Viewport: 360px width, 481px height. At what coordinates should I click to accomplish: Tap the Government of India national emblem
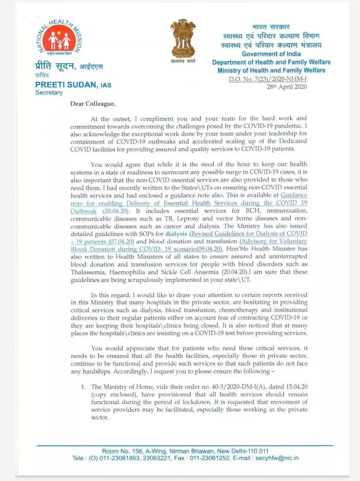pyautogui.click(x=183, y=38)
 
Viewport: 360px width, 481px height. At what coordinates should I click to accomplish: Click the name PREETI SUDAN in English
pyautogui.click(x=66, y=85)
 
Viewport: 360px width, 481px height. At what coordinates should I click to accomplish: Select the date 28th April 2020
pyautogui.click(x=287, y=87)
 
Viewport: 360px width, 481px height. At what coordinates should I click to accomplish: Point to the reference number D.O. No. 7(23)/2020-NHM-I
pyautogui.click(x=268, y=79)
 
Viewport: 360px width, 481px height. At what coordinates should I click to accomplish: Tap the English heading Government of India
pyautogui.click(x=271, y=54)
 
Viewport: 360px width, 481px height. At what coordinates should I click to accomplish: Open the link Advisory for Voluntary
pyautogui.click(x=274, y=241)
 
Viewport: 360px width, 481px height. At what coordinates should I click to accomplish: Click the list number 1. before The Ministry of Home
pyautogui.click(x=83, y=387)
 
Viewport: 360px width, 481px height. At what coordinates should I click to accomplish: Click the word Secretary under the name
pyautogui.click(x=49, y=92)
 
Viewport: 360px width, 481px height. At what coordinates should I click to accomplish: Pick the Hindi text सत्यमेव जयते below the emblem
pyautogui.click(x=183, y=61)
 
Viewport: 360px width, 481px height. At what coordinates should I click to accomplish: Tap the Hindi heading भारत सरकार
pyautogui.click(x=271, y=27)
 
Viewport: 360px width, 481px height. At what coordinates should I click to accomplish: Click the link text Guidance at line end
pyautogui.click(x=294, y=195)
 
